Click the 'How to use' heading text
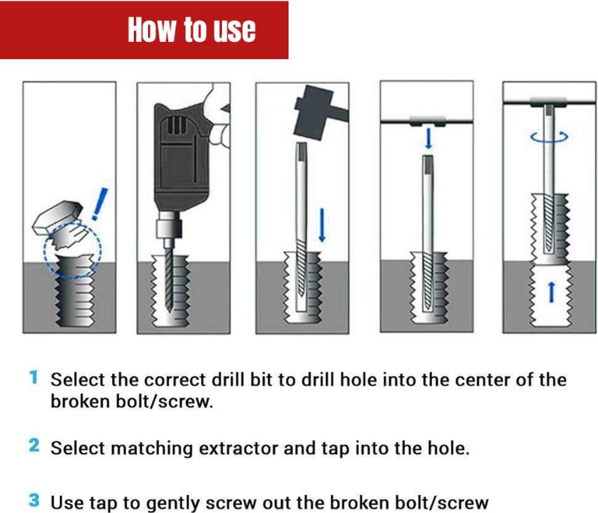click(x=191, y=29)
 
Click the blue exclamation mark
click(x=100, y=204)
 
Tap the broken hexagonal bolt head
click(x=58, y=218)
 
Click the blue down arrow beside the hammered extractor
click(x=322, y=225)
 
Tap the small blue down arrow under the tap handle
click(x=428, y=138)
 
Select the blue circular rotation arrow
click(x=549, y=138)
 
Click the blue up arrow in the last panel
click(x=551, y=292)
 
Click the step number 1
click(x=34, y=378)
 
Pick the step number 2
click(x=34, y=446)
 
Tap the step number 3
click(x=34, y=500)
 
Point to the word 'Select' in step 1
click(x=78, y=380)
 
